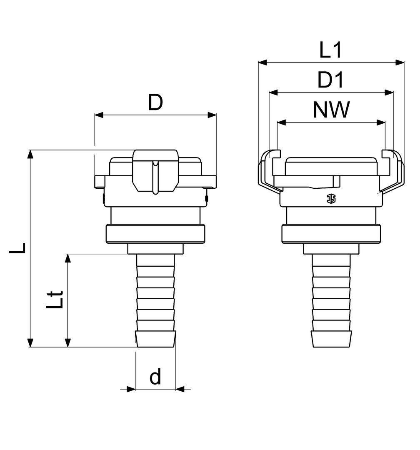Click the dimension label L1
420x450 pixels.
coord(330,50)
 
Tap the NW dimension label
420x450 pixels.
coord(331,110)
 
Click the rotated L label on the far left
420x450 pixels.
coord(17,247)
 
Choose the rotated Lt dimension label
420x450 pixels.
coord(54,300)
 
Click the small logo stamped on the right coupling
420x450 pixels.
coord(331,198)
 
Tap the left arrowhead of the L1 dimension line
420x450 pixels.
coord(262,62)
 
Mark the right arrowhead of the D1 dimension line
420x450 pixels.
coord(389,92)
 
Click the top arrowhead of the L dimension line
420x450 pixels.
coord(30,154)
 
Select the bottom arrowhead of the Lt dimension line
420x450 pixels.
coord(68,342)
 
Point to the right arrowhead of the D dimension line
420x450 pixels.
coord(212,115)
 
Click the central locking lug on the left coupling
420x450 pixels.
coord(155,172)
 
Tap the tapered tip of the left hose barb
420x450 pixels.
coord(155,339)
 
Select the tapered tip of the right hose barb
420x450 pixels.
coord(331,339)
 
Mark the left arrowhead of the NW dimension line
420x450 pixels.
coord(282,123)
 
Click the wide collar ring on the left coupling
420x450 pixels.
coord(155,234)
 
